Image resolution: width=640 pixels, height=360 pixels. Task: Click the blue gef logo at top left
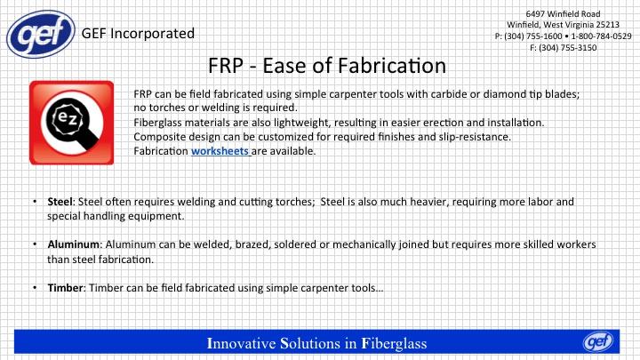41,34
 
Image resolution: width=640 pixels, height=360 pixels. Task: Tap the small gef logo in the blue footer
598,341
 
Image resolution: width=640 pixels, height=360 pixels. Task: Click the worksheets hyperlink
220,151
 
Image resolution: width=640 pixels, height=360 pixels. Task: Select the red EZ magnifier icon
71,123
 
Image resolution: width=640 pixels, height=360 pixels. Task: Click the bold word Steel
60,202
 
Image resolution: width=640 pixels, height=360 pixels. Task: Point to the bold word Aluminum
74,244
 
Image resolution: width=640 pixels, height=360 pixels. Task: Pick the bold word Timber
65,288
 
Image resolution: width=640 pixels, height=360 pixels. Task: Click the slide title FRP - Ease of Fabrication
327,65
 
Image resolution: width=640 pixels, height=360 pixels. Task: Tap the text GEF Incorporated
138,34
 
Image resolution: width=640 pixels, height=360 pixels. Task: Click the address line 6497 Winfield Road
563,14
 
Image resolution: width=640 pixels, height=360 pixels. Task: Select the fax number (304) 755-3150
568,48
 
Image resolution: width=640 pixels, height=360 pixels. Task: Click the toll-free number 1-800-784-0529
601,36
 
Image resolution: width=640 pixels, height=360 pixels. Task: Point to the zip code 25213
607,25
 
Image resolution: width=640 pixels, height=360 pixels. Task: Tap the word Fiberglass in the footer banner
394,344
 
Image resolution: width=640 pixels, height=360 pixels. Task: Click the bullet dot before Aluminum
35,244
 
